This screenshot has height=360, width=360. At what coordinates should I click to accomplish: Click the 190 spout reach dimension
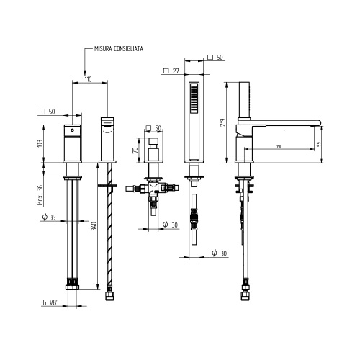click(279, 148)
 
